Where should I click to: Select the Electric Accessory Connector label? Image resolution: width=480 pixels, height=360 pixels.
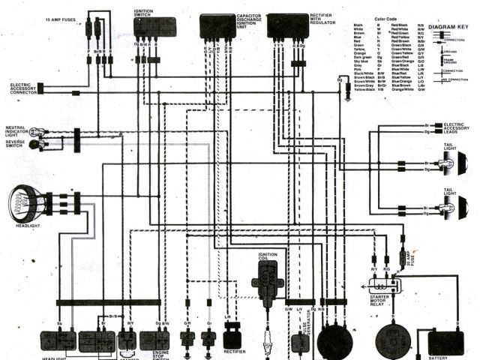click(18, 88)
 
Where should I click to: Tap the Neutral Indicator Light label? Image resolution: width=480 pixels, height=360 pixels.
click(16, 131)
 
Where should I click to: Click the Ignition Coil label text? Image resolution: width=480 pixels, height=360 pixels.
click(268, 257)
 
